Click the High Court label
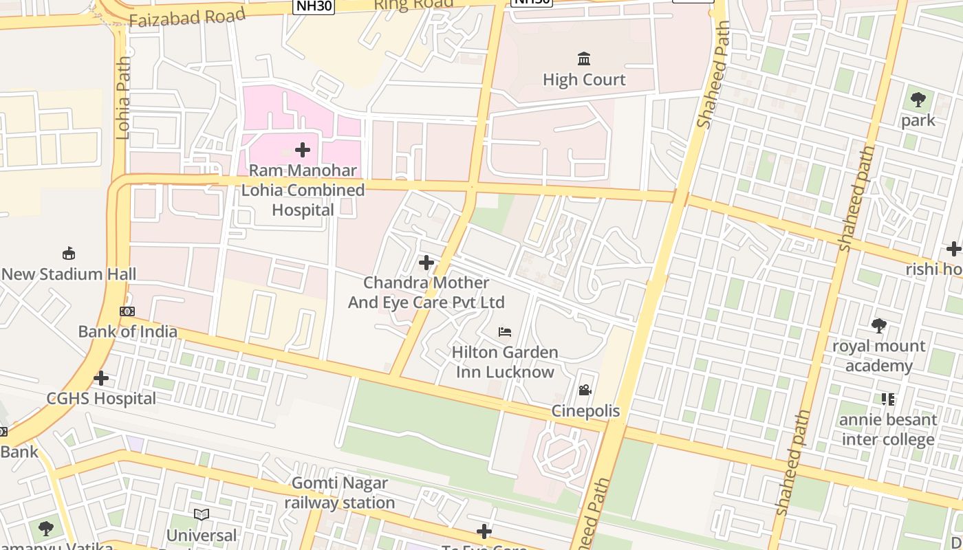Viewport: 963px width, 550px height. [584, 80]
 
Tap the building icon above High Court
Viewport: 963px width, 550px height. [584, 58]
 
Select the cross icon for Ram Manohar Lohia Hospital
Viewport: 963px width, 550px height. [302, 149]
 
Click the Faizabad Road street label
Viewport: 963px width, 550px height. [186, 17]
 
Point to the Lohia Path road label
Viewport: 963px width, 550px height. [123, 98]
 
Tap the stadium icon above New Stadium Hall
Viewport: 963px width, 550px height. [69, 254]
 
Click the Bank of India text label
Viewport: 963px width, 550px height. [127, 331]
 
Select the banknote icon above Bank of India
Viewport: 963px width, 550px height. [127, 311]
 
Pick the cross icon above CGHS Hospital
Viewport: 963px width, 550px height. [101, 378]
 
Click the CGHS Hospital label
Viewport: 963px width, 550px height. [101, 399]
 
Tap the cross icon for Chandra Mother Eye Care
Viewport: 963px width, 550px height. [426, 262]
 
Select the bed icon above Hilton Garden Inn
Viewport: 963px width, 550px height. [505, 332]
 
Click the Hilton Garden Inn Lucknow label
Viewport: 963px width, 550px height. [505, 362]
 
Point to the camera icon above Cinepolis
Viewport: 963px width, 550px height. [585, 390]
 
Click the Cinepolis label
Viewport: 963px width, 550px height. [585, 411]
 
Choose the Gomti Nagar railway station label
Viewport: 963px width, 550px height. [340, 493]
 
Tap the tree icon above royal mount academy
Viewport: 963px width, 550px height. [878, 325]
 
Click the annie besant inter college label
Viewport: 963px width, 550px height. [888, 429]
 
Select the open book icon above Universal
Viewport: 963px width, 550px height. [202, 514]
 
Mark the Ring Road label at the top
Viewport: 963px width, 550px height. [413, 4]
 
